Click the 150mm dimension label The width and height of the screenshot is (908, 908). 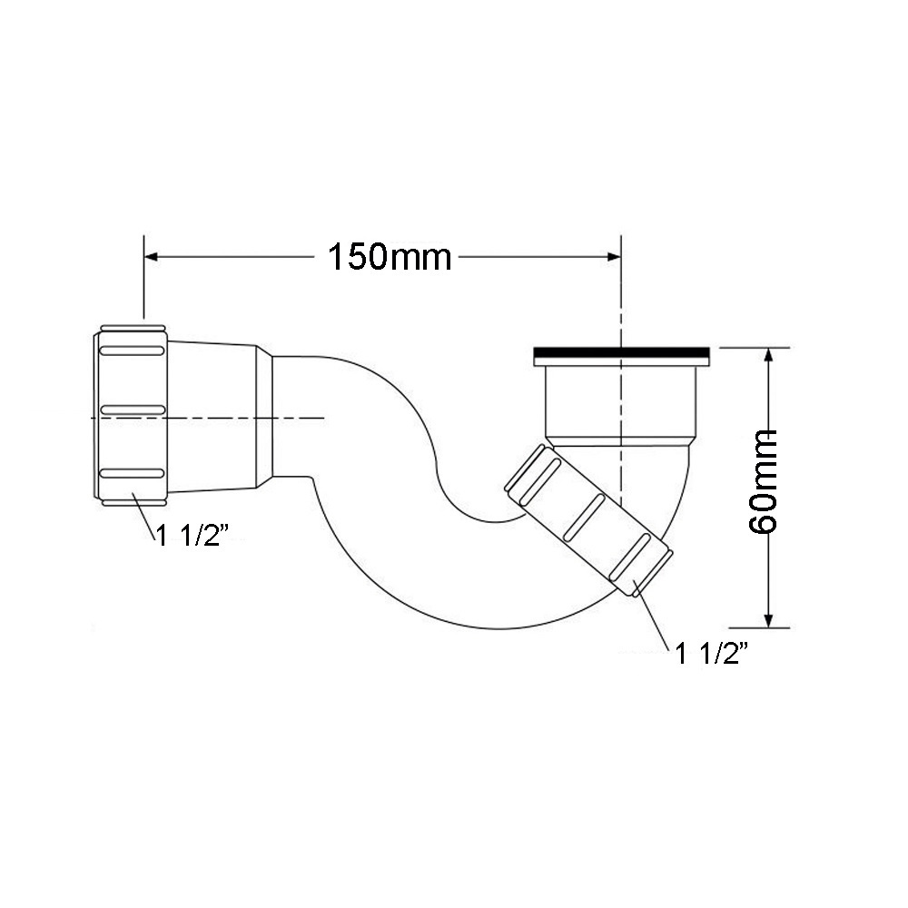[390, 257]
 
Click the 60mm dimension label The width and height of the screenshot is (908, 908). [763, 482]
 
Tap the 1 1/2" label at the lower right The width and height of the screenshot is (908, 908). [713, 655]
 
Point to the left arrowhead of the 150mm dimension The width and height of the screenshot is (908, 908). [152, 257]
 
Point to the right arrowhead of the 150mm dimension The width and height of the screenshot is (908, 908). [613, 257]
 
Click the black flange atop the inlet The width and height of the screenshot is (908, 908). [621, 352]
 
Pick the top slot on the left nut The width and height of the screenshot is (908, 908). [132, 350]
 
